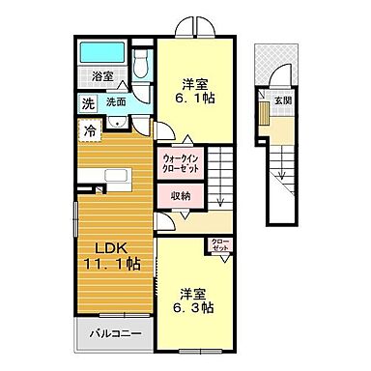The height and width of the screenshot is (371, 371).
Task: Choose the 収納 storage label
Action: (x=180, y=196)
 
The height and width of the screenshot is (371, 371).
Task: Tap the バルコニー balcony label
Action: (x=117, y=334)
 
